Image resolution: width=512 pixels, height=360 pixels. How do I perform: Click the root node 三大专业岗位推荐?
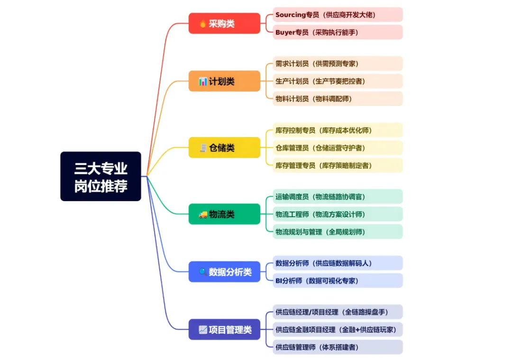(x=101, y=176)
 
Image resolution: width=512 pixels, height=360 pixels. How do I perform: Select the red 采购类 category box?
(x=224, y=23)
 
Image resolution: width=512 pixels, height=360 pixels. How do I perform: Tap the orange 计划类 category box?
(x=224, y=81)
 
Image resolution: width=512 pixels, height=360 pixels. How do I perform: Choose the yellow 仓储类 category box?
(x=224, y=148)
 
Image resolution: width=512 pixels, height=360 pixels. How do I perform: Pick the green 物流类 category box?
(x=224, y=214)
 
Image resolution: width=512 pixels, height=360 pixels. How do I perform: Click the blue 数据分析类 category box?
(x=224, y=272)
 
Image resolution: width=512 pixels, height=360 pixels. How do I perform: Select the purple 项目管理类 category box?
(x=224, y=329)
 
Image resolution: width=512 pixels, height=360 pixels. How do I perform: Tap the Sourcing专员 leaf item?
(x=338, y=15)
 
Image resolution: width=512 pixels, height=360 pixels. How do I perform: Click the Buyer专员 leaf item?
(x=338, y=32)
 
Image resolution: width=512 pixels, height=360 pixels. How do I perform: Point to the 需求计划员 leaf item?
(x=338, y=64)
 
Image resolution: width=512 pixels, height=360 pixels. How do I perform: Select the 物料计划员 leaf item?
(x=338, y=99)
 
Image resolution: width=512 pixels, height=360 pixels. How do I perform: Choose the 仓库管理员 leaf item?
(x=338, y=148)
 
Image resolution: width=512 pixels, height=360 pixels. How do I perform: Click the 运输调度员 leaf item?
(x=338, y=196)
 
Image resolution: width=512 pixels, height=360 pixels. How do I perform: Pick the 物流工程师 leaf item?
(x=338, y=214)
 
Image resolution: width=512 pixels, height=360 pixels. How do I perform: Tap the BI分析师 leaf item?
(x=338, y=280)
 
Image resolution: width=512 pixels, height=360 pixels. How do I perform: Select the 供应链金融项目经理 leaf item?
(x=338, y=329)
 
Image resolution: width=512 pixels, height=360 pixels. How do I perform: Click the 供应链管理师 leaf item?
(x=338, y=347)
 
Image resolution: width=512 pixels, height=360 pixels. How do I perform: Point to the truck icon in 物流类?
(x=203, y=214)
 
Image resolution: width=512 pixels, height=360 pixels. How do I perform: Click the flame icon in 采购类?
(x=202, y=23)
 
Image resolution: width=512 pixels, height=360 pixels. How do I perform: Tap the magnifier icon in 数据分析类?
(x=202, y=272)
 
